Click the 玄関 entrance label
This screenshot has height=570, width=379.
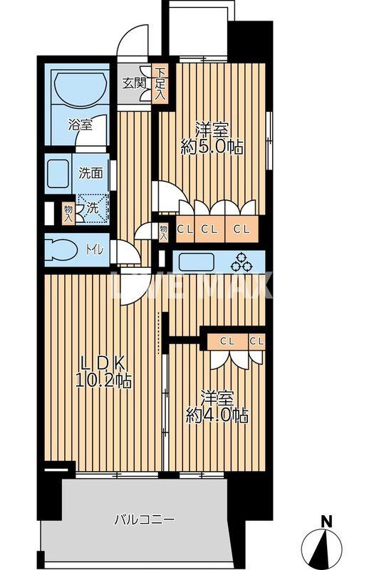pos(134,83)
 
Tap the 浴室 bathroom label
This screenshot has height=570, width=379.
pos(80,125)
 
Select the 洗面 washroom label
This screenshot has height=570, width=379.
pos(90,172)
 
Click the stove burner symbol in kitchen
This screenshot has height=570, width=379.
pos(241,262)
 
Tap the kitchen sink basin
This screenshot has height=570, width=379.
pos(200,262)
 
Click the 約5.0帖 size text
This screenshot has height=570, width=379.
pos(212,148)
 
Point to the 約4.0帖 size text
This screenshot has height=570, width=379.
pos(217,416)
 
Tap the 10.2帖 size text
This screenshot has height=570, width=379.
pos(103,381)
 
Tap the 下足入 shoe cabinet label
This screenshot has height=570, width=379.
pos(161,82)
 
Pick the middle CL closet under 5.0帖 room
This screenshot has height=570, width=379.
pos(209,229)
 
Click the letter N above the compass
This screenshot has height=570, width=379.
pos(326,522)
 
